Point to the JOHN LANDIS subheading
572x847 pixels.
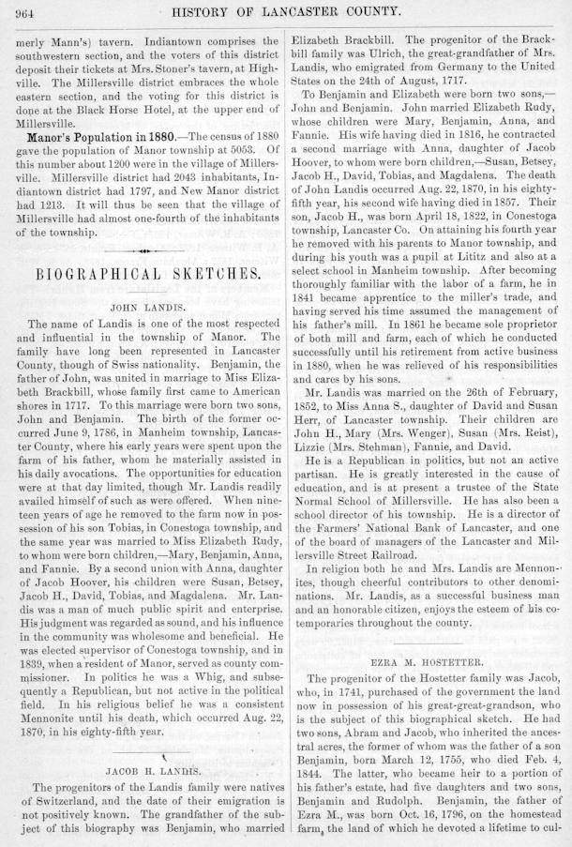pyautogui.click(x=145, y=306)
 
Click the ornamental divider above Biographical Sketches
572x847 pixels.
pyautogui.click(x=143, y=251)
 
